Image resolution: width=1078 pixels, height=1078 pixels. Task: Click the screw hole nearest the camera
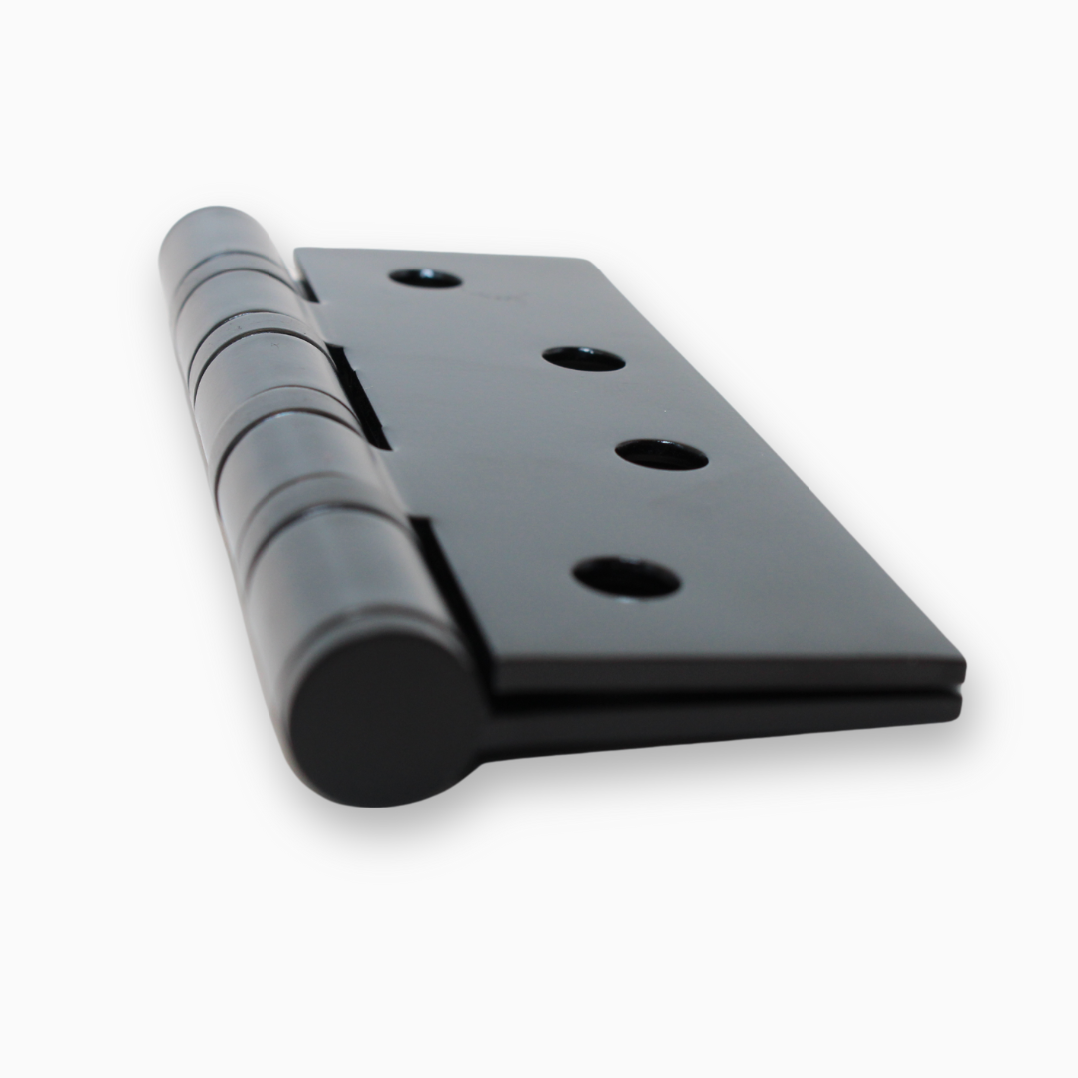tap(626, 577)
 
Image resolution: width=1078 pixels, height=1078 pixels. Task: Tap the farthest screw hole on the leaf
tap(425, 278)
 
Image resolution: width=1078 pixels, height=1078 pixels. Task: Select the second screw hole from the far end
tap(584, 358)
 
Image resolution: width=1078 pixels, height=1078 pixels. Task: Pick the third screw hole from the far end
tap(661, 454)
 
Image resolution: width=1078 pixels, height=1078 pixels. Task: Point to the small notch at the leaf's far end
tap(306, 283)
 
